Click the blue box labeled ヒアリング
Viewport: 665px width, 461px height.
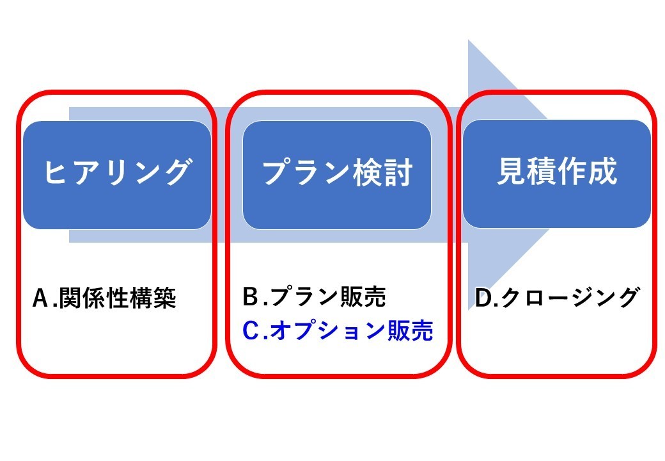(117, 175)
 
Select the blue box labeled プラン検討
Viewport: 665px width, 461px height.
(337, 175)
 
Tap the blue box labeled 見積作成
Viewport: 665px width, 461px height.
(557, 174)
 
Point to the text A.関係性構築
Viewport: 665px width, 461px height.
(104, 298)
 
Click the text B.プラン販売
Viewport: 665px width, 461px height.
(314, 296)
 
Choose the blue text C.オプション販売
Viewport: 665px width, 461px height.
(338, 330)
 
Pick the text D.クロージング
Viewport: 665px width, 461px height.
(556, 297)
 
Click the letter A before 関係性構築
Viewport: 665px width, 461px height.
(42, 298)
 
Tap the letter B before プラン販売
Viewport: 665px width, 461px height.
(251, 296)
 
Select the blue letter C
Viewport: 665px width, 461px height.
(251, 330)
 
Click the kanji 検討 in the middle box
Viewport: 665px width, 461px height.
(383, 172)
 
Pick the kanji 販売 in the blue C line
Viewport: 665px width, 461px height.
(411, 330)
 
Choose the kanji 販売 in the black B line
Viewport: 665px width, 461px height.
(363, 296)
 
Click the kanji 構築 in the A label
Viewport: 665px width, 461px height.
(153, 298)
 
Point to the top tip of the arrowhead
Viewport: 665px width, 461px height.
(468, 40)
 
